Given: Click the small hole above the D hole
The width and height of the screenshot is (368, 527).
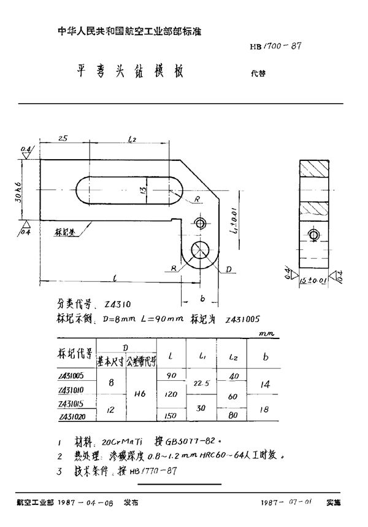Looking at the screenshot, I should pyautogui.click(x=201, y=223).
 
